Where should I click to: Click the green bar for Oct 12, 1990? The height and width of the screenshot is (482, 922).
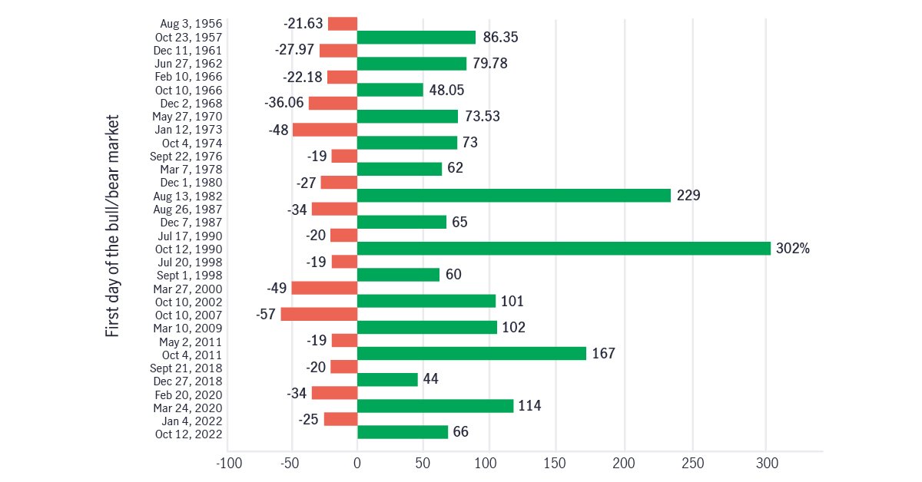coord(563,248)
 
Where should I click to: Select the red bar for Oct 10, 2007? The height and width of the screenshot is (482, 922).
coord(319,314)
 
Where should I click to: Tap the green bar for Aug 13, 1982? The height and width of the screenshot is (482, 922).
coord(513,195)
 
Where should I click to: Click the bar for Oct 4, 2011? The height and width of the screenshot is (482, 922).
coord(471,353)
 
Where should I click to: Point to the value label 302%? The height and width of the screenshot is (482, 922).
coord(793,249)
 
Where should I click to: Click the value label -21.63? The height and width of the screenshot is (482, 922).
coord(303,24)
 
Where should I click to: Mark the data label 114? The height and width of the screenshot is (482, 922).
coord(529,406)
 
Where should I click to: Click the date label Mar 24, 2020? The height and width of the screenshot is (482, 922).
coord(188,408)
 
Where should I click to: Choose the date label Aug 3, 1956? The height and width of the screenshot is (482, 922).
coord(192,24)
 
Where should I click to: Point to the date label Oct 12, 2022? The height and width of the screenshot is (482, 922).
coord(190,434)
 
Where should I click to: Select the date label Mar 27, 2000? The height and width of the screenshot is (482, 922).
coord(188,289)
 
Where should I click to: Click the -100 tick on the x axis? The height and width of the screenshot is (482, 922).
coord(227,464)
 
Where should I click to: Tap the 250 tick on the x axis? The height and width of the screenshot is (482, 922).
coord(692,464)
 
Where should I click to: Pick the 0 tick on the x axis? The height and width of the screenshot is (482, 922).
coord(357,464)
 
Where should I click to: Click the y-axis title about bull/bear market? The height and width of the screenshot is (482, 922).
coord(113,227)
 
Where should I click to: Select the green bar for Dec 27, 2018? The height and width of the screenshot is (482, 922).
coord(387,379)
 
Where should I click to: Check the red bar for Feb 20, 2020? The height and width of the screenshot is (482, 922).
coord(334,393)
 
